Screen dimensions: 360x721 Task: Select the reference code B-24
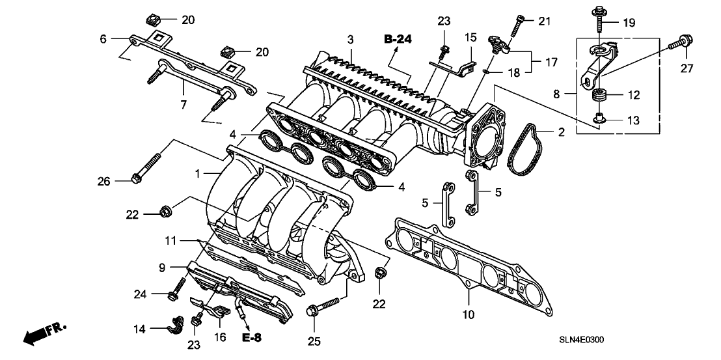398,40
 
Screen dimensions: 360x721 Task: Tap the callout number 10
469,314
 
